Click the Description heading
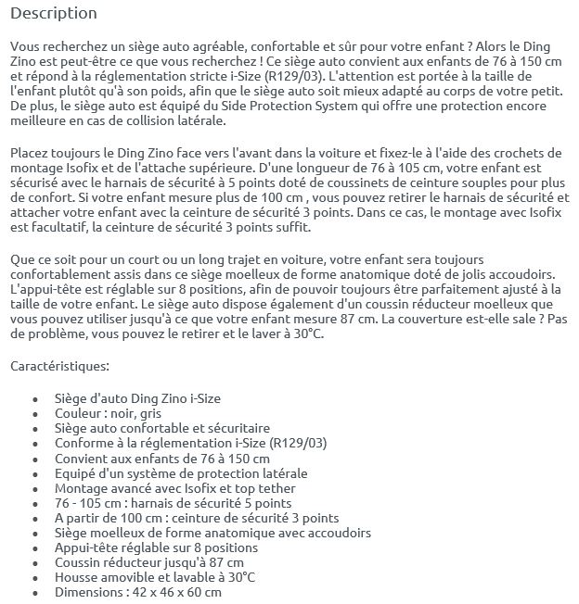pyautogui.click(x=53, y=14)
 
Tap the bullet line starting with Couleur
pyautogui.click(x=108, y=414)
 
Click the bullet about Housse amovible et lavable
pyautogui.click(x=154, y=576)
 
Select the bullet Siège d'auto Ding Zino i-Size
pyautogui.click(x=137, y=399)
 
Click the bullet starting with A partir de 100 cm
pyautogui.click(x=197, y=518)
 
